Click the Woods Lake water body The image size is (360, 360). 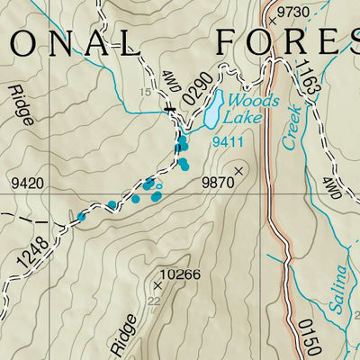click(x=212, y=110)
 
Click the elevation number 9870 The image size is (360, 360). click(x=217, y=183)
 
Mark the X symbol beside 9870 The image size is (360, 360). click(x=239, y=169)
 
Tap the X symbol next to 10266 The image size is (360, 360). click(x=156, y=284)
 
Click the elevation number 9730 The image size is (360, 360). click(x=293, y=12)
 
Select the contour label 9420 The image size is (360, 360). click(x=27, y=184)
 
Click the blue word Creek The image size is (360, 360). click(x=292, y=127)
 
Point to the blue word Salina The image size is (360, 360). click(x=337, y=287)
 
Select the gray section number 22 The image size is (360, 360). click(x=153, y=301)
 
